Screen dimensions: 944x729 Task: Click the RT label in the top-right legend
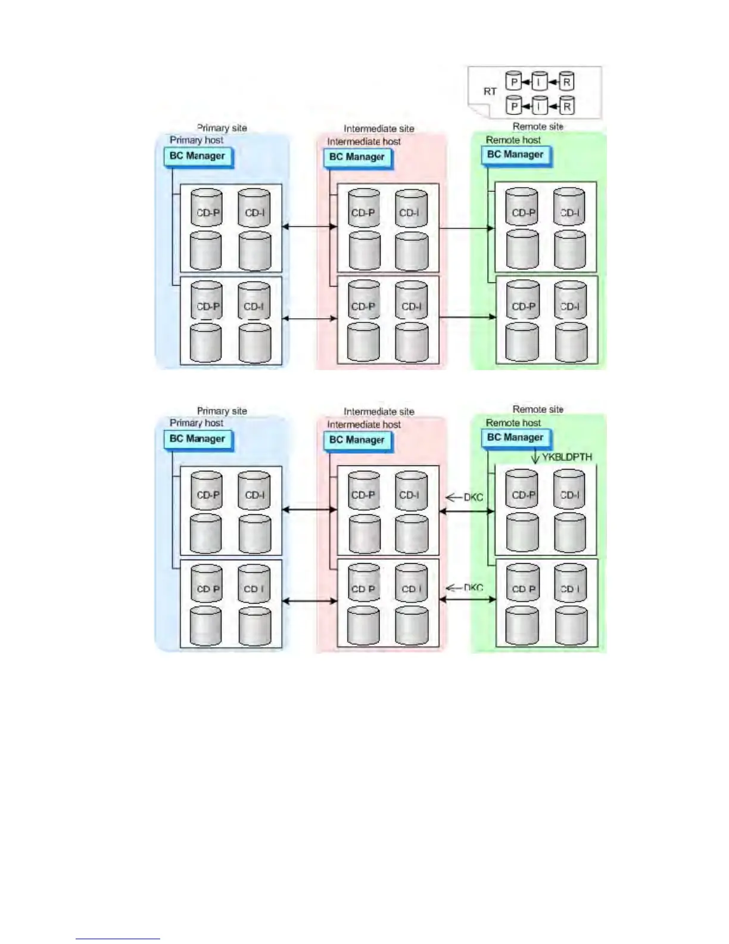click(490, 92)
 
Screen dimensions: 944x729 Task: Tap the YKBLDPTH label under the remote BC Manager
click(567, 457)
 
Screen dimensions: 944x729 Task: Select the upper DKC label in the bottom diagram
click(473, 497)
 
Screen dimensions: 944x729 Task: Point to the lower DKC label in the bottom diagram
click(473, 588)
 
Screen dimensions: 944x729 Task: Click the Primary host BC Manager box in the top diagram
click(197, 156)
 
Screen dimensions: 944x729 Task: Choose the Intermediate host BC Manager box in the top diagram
click(357, 157)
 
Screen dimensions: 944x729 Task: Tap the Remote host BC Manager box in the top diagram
click(515, 154)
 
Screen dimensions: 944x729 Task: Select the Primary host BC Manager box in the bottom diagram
click(197, 439)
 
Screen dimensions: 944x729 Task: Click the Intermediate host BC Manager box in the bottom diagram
click(357, 440)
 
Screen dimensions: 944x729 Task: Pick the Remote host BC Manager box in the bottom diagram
click(515, 437)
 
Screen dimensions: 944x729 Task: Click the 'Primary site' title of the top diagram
click(222, 128)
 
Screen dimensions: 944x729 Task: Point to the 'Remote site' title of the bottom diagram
click(538, 409)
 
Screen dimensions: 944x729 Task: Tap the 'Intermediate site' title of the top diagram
click(379, 129)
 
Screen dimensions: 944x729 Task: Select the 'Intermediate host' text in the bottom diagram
click(364, 424)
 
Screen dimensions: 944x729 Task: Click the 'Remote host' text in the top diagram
click(513, 140)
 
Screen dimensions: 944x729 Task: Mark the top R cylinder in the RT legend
click(566, 82)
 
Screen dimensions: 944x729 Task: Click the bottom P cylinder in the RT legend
click(514, 106)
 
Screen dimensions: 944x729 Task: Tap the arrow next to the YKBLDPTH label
click(535, 457)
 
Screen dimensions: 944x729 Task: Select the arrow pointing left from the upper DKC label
click(454, 497)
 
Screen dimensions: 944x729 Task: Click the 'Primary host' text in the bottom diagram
click(197, 423)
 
